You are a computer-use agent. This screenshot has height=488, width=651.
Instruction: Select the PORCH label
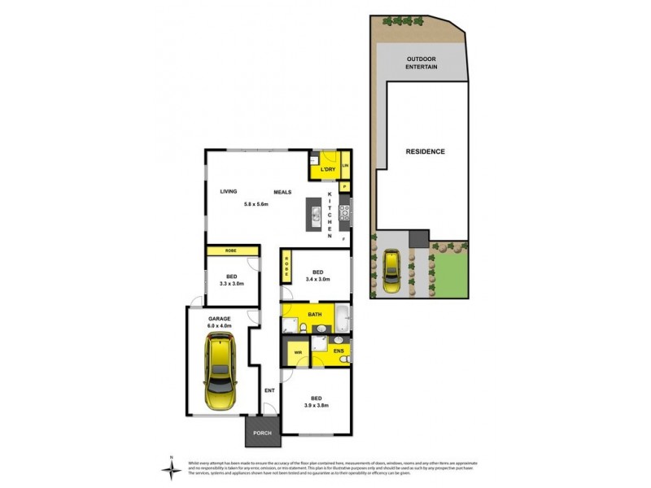[262, 433]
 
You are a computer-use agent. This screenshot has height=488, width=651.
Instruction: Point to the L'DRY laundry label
[328, 169]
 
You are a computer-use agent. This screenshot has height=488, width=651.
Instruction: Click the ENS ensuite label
[339, 351]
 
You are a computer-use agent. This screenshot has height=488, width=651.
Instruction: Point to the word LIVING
[229, 192]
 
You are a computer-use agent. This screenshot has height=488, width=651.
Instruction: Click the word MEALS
[282, 192]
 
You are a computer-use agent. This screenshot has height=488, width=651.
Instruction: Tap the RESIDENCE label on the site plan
[425, 151]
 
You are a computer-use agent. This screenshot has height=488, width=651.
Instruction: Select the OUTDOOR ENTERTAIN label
[422, 63]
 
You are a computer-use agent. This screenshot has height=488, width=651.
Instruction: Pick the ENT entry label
[269, 390]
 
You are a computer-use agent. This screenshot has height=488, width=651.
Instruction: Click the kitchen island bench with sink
[312, 215]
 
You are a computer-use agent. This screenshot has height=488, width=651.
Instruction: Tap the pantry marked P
[345, 186]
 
